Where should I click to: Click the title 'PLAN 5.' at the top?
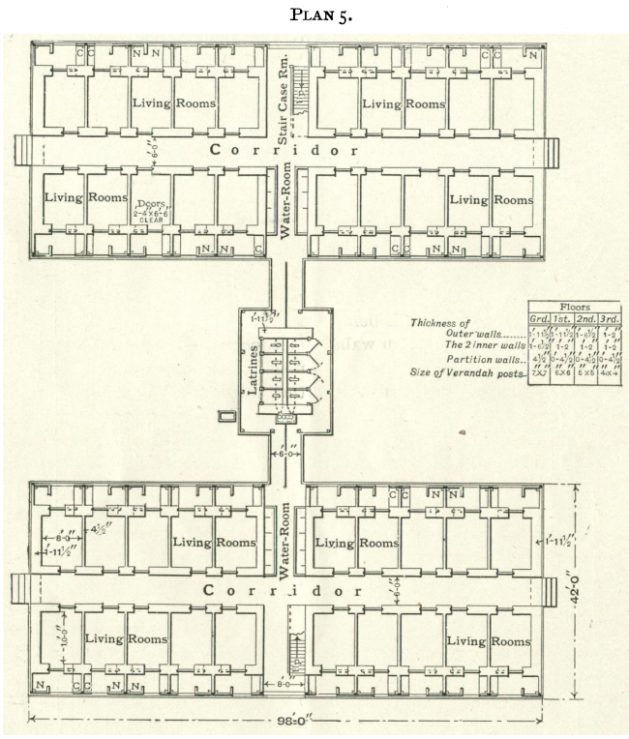point(315,15)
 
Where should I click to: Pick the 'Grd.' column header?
point(538,318)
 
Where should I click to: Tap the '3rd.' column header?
point(610,318)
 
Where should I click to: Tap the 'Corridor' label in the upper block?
point(285,151)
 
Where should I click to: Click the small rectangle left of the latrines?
point(227,417)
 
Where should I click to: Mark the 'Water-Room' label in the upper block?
point(285,202)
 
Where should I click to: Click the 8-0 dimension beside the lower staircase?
point(279,686)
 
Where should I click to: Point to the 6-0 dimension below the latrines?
point(285,452)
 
